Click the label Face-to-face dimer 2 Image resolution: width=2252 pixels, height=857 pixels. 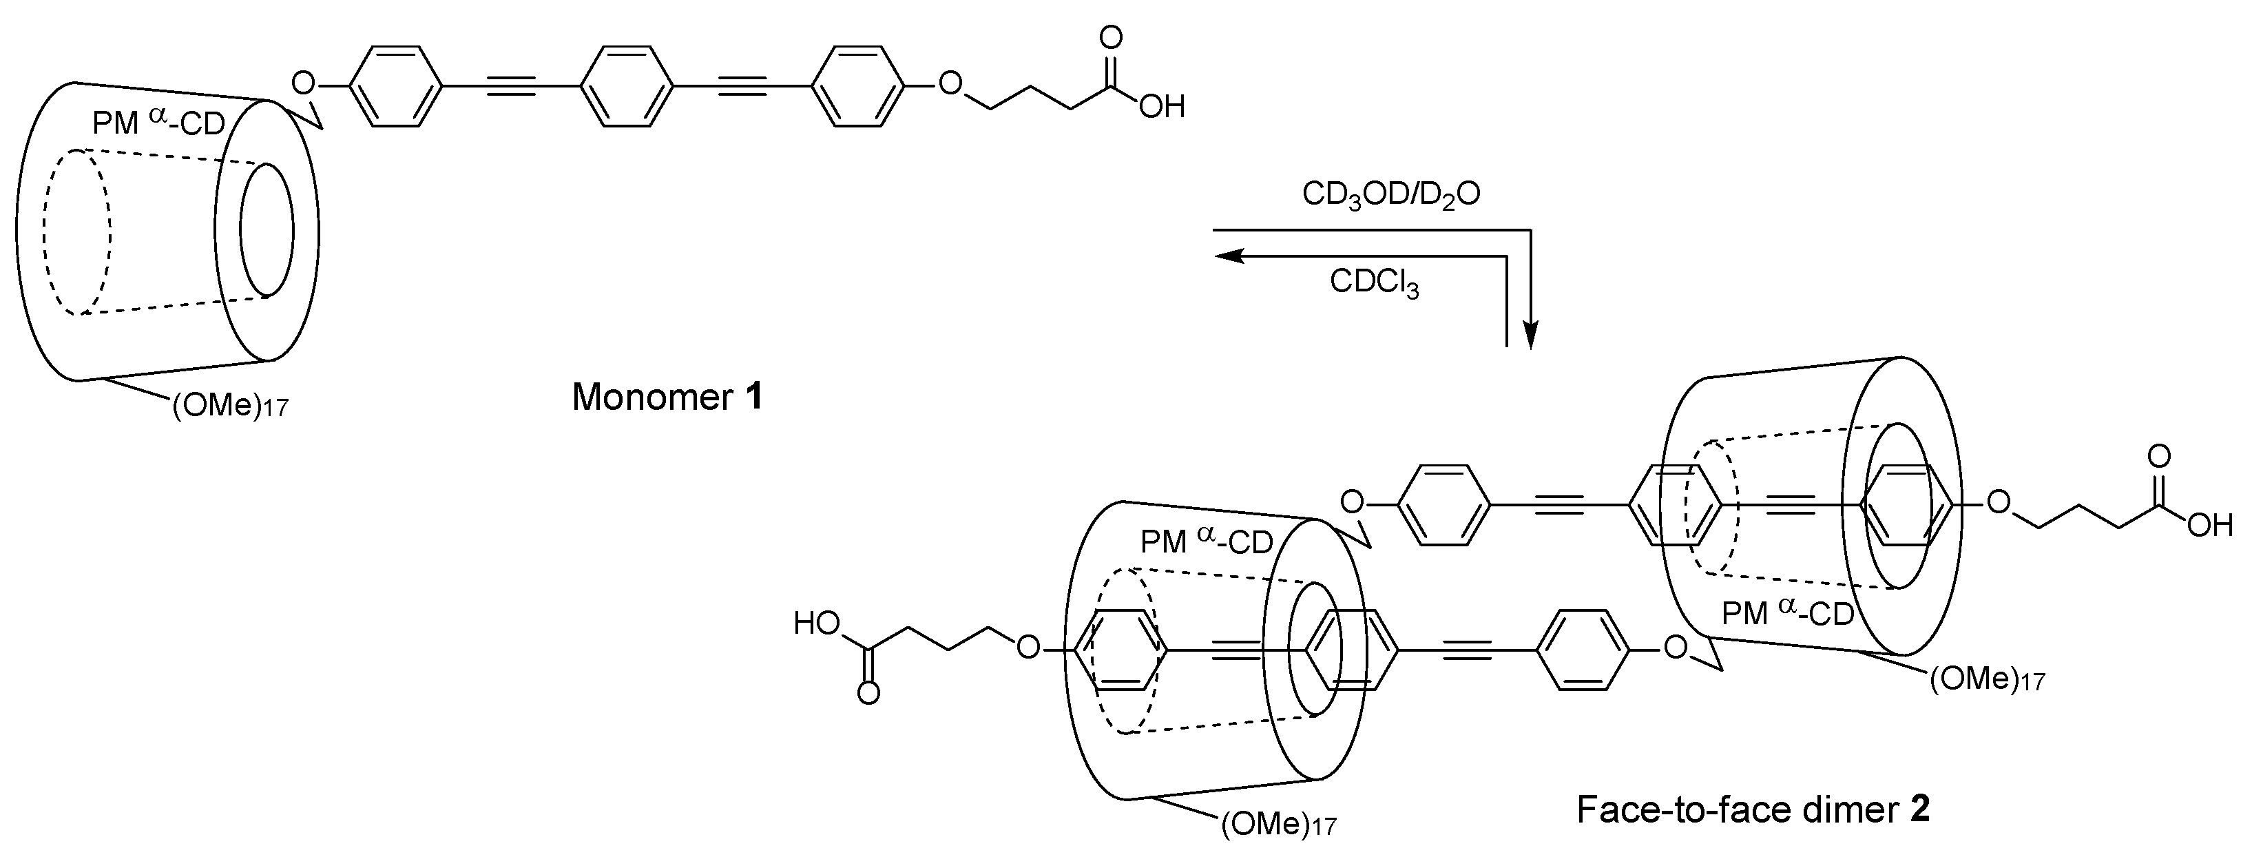1753,809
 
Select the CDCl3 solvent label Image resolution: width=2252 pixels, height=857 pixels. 1375,282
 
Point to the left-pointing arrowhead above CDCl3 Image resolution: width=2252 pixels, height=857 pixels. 1229,256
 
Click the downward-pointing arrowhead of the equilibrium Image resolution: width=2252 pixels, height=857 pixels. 1530,335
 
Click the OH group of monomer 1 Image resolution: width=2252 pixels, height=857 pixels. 1162,107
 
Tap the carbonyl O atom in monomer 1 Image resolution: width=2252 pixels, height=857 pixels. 1111,37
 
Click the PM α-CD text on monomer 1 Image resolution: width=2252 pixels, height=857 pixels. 158,123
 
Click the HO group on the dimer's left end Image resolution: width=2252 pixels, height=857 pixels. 817,623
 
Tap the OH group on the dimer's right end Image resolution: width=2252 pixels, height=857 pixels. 2209,526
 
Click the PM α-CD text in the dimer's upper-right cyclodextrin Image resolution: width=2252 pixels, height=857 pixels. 1787,613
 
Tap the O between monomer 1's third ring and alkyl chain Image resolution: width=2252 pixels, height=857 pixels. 950,85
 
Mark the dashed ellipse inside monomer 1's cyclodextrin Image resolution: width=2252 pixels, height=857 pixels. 79,231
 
